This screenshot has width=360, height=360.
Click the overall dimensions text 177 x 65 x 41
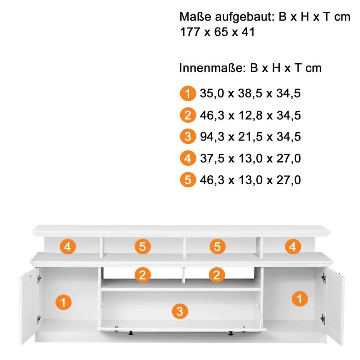(x=217, y=32)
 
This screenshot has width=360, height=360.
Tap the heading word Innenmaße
(x=211, y=68)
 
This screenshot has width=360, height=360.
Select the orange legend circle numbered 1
(x=188, y=93)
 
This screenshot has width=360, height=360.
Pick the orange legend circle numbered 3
(x=188, y=136)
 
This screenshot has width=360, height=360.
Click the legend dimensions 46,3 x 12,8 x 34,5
(x=250, y=115)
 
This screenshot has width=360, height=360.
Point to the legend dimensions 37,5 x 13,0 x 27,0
(x=250, y=158)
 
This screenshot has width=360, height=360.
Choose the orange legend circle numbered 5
(x=188, y=180)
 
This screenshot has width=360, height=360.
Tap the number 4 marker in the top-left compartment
(x=68, y=247)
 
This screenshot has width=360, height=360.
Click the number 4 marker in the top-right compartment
(x=293, y=247)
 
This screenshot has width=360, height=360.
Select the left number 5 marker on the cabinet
(x=142, y=247)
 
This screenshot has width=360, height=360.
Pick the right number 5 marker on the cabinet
(x=218, y=247)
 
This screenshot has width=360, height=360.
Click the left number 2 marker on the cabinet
(x=142, y=275)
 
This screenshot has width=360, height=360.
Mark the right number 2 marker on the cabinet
(x=216, y=275)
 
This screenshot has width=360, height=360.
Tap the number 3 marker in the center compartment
(x=180, y=311)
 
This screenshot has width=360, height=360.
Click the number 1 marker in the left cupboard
(x=64, y=302)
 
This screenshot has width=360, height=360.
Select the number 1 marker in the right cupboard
(x=300, y=299)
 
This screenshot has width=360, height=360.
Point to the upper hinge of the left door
(x=39, y=279)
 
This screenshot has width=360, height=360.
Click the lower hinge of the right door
(x=323, y=319)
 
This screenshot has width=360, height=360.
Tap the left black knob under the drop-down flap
(x=131, y=332)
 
